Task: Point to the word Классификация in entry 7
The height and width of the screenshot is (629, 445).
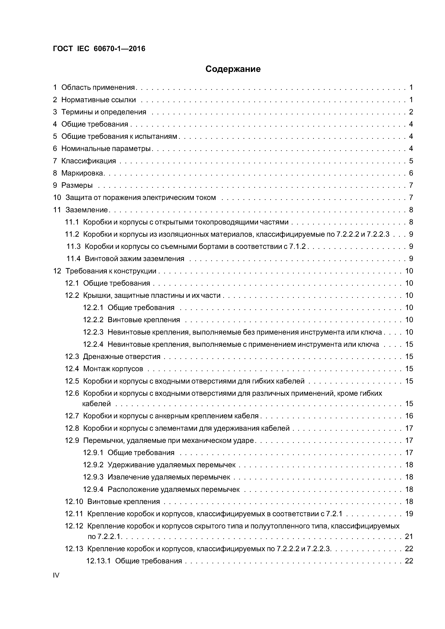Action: [x=89, y=161]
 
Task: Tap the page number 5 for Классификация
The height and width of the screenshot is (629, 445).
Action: [x=411, y=161]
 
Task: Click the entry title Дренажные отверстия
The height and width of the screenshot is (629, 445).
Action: [x=121, y=356]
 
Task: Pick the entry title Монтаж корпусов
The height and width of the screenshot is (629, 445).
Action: [x=113, y=369]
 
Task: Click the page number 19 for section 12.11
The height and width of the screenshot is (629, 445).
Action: [x=409, y=514]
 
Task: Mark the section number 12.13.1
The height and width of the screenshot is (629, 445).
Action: [x=98, y=561]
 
